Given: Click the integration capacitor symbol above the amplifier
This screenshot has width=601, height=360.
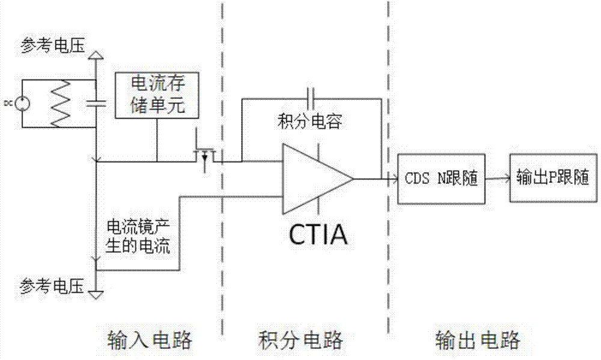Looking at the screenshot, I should coord(311,95).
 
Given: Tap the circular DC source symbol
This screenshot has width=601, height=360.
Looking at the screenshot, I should coord(22,103).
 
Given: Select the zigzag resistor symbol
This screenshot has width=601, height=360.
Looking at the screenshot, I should coord(60,103).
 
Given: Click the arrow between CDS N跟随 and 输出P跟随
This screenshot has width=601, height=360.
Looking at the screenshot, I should coord(494,178).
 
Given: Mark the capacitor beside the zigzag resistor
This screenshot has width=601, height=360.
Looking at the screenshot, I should coord(95,103).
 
